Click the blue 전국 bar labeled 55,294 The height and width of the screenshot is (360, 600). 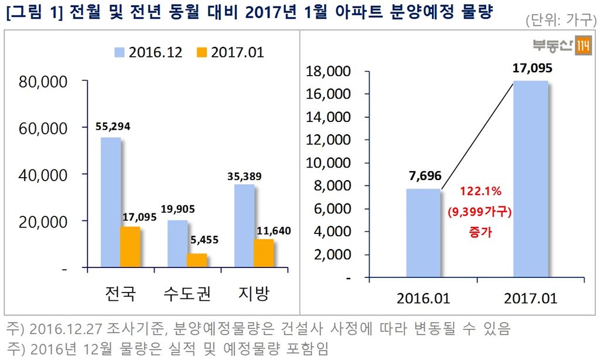pos(110,202)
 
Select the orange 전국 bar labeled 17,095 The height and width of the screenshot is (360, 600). pos(130,247)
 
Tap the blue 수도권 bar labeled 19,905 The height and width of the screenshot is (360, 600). pos(178,244)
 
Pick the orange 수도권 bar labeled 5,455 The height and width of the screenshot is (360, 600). pos(197,260)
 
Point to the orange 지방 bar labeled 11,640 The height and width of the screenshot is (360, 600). pos(264,253)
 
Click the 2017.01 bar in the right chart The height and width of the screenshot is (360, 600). pos(531,179)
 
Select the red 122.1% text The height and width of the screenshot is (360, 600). pos(480,192)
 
